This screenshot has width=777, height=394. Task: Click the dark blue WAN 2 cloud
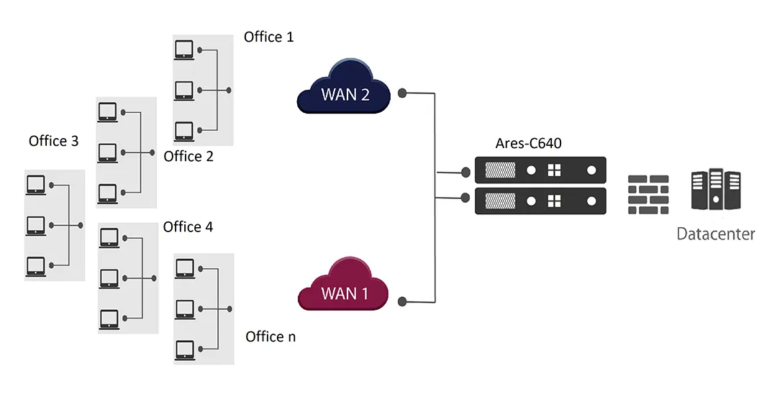[344, 89]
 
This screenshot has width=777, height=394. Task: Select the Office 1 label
[269, 37]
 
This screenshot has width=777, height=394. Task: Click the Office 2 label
[188, 156]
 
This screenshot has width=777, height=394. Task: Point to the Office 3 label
[53, 141]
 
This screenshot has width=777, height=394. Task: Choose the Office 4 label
[188, 226]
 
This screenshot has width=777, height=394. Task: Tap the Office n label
[271, 336]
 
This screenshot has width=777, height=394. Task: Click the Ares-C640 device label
[528, 143]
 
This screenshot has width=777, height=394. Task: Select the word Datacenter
[716, 234]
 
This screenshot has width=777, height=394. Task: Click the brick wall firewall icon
[647, 194]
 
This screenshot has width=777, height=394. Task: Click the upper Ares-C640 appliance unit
[540, 170]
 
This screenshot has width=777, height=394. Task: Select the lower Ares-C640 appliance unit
[540, 201]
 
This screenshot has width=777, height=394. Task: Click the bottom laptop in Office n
[183, 349]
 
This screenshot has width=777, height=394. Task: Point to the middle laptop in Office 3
[35, 225]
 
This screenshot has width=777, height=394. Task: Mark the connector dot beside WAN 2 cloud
[404, 93]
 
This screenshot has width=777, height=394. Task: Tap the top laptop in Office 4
[109, 237]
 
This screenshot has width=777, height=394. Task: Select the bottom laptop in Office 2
[107, 193]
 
